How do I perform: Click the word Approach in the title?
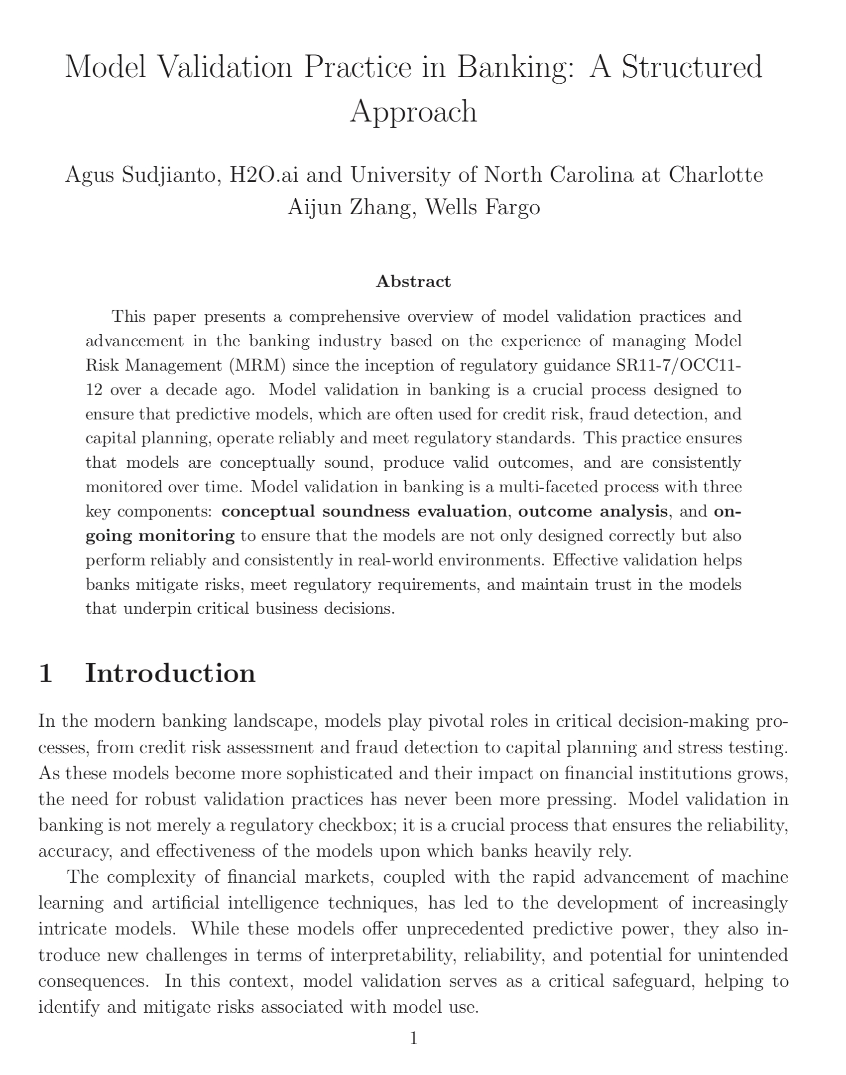point(413,112)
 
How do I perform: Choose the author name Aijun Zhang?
point(349,207)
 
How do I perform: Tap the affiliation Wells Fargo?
point(483,207)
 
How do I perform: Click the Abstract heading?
point(413,281)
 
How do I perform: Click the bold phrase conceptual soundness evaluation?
point(364,512)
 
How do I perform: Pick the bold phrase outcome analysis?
point(593,512)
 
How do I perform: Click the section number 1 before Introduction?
point(45,673)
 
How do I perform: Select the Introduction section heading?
point(170,673)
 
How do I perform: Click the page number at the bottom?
point(413,1039)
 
